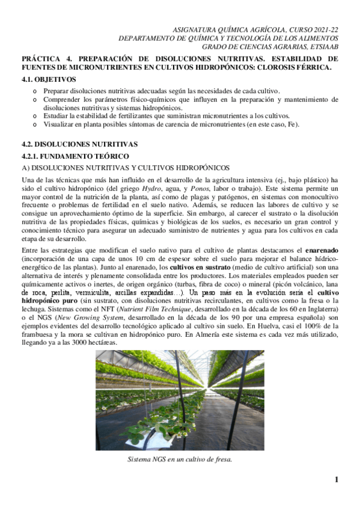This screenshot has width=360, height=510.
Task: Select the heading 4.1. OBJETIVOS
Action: click(49, 79)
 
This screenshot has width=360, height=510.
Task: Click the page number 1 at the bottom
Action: click(337, 479)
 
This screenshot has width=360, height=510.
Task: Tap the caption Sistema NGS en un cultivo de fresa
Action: click(180, 459)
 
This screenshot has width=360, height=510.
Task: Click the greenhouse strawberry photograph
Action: click(180, 400)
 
